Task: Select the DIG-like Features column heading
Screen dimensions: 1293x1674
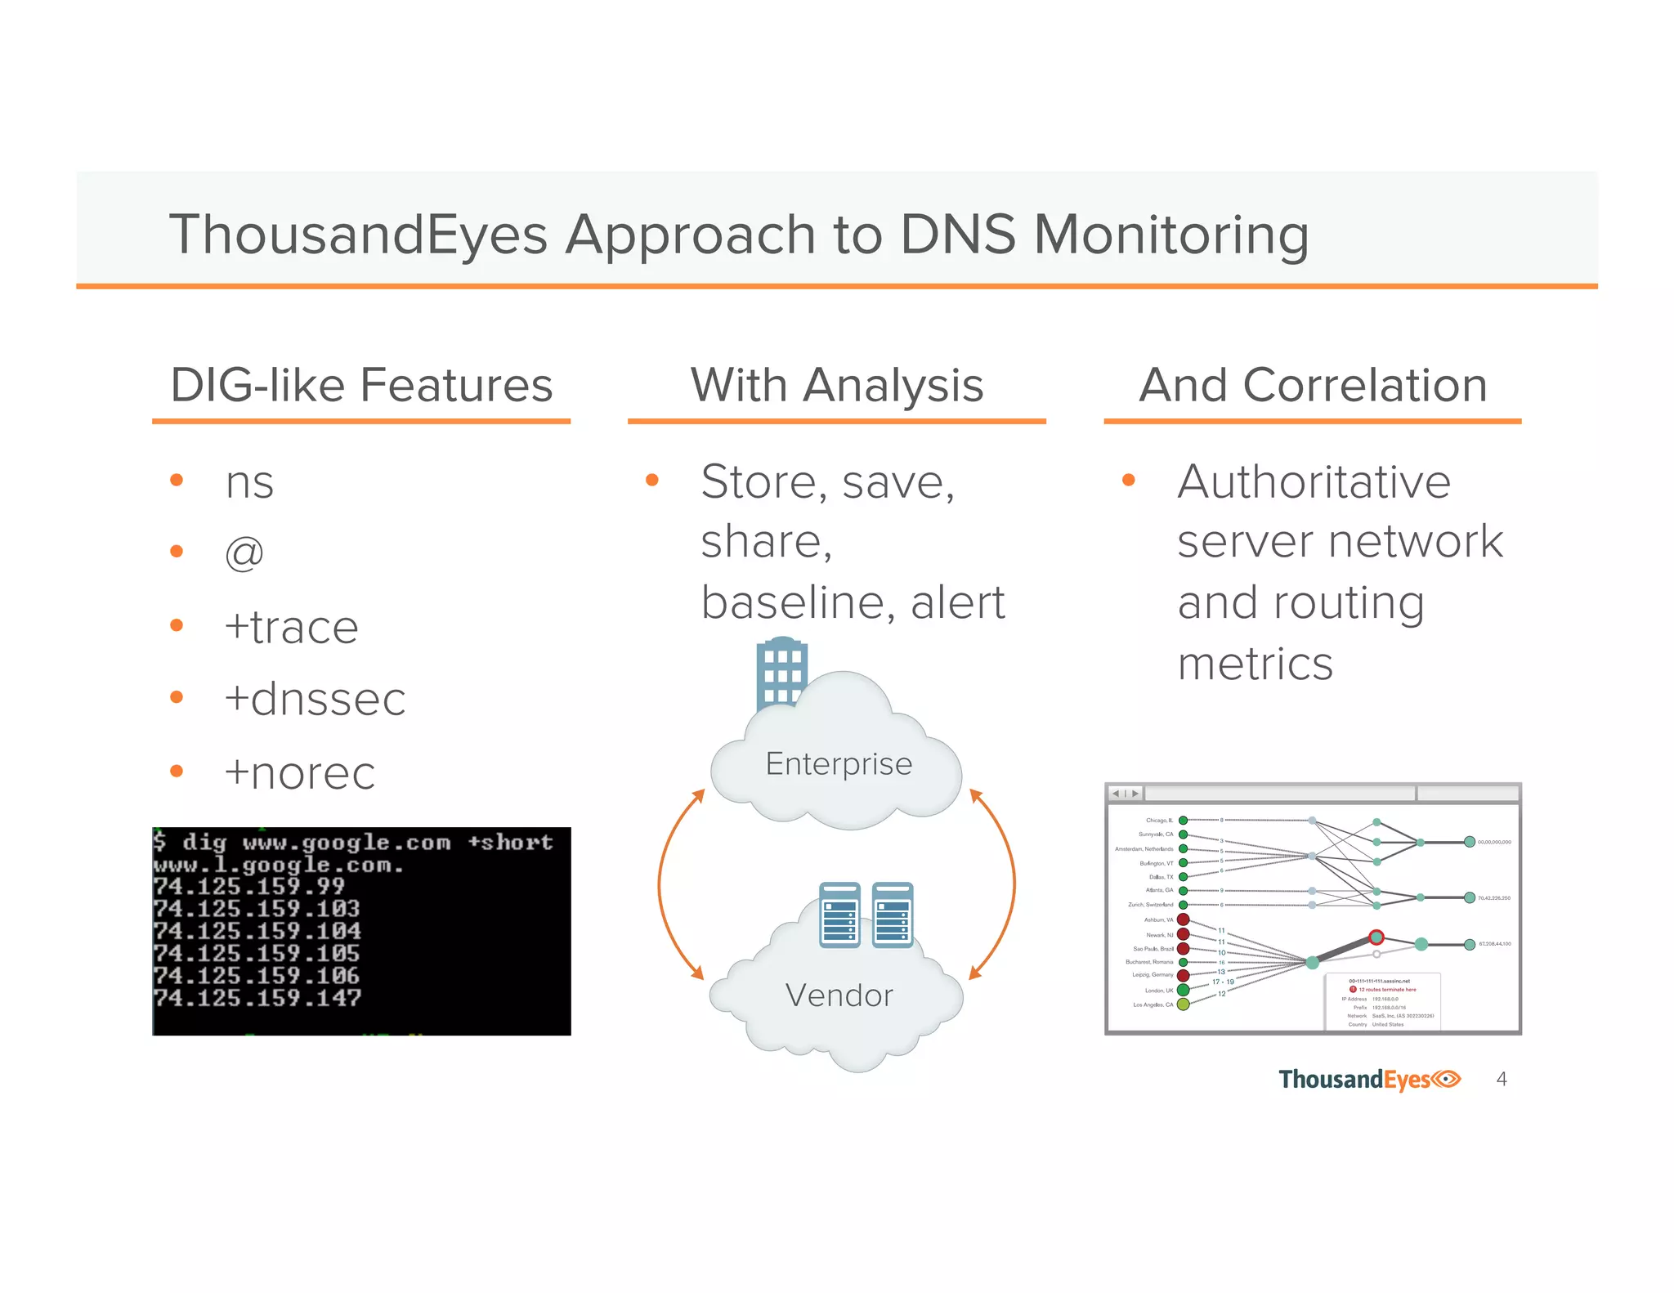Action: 361,385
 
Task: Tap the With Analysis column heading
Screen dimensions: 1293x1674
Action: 836,385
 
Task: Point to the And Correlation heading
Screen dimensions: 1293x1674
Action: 1313,385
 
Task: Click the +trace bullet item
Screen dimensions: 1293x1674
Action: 291,628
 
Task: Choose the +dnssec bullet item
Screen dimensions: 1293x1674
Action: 315,700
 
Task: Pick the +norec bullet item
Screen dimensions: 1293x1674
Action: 299,773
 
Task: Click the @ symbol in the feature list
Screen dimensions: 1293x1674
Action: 244,553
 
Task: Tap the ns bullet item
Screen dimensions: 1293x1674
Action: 249,482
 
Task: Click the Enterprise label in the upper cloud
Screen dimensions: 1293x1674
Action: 839,764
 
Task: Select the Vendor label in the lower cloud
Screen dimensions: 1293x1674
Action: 839,995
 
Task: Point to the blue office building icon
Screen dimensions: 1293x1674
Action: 781,674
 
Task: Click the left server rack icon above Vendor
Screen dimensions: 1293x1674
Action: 839,915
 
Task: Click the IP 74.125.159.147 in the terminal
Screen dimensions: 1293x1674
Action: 257,998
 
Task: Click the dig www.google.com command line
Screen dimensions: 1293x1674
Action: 353,842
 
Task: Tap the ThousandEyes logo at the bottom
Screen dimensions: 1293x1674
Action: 1369,1080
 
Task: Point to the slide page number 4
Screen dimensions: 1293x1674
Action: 1502,1079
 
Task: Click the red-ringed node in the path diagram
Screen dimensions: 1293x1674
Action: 1376,937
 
